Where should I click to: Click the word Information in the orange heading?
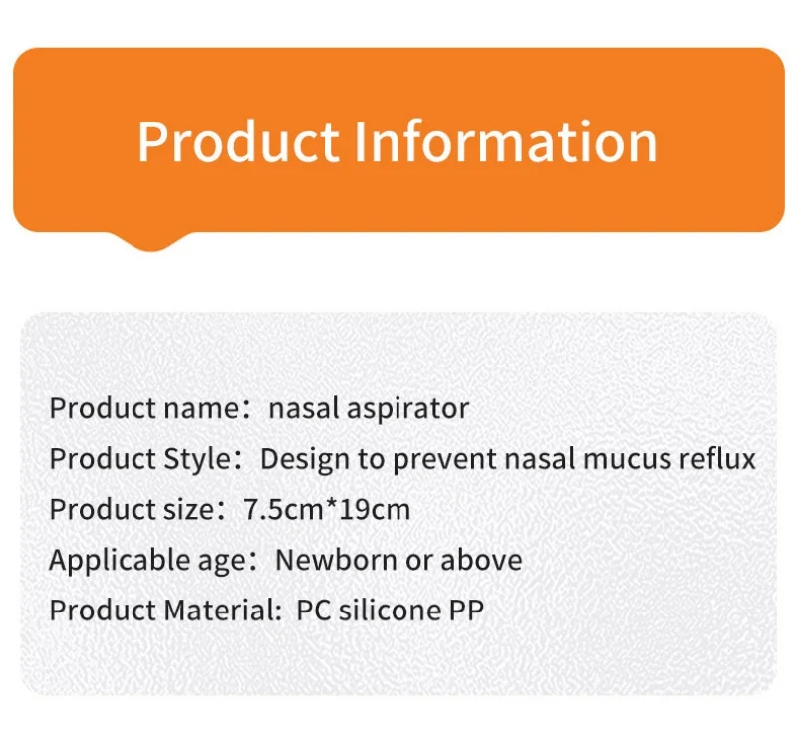tap(505, 141)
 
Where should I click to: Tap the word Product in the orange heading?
tap(238, 141)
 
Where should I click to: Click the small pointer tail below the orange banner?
tap(152, 242)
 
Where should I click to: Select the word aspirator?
tap(407, 409)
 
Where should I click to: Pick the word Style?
tap(197, 459)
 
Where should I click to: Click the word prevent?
tap(444, 459)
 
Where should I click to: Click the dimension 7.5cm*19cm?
tap(327, 510)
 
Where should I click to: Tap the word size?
tap(189, 510)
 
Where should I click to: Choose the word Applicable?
tap(121, 560)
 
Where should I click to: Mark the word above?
tap(481, 560)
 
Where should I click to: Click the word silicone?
tap(390, 611)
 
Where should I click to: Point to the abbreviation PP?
tap(466, 611)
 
